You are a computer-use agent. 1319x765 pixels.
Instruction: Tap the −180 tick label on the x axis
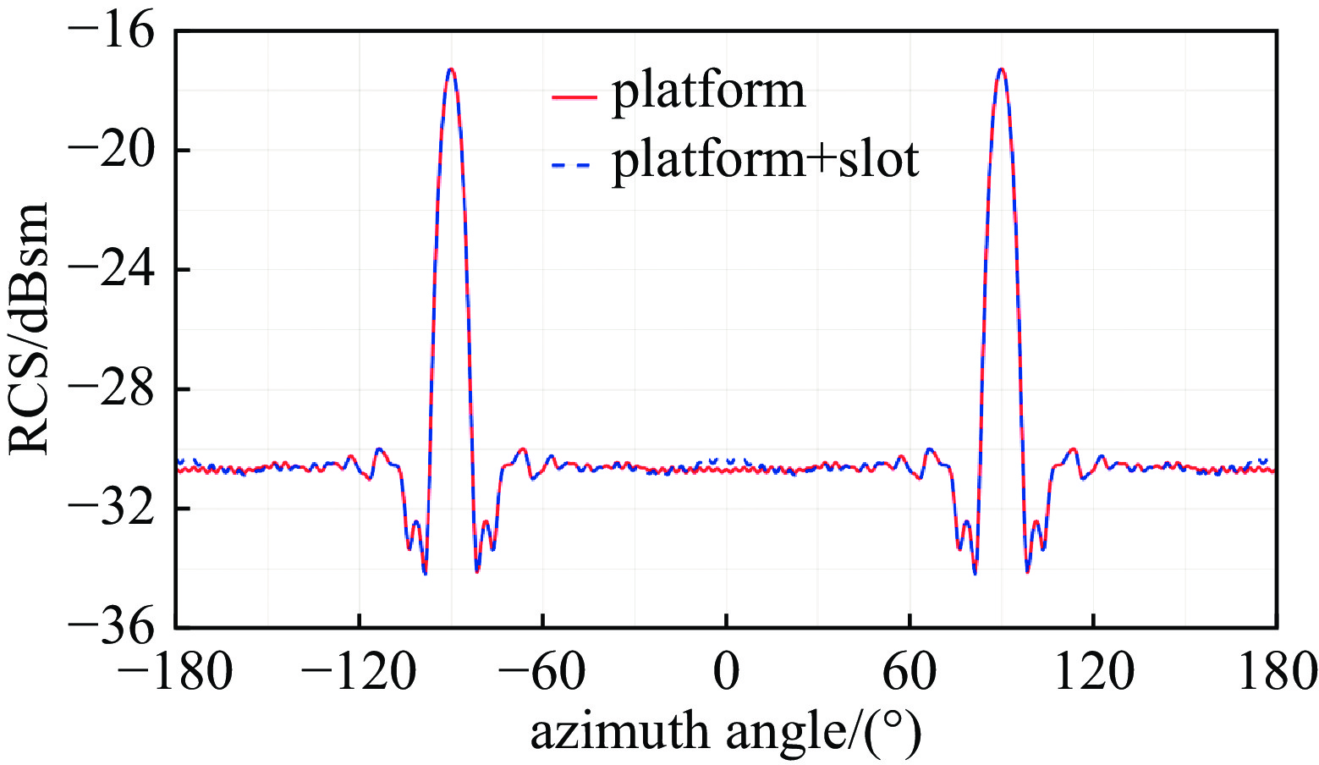(x=175, y=674)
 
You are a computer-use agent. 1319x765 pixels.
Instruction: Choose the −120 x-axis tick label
(x=359, y=674)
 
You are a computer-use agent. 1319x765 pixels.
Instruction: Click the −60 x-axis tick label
(x=542, y=674)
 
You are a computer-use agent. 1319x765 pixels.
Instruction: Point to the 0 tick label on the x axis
(x=726, y=674)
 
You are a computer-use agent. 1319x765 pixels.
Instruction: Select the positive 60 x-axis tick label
(x=910, y=674)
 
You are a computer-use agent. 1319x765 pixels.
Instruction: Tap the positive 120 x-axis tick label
(x=1093, y=674)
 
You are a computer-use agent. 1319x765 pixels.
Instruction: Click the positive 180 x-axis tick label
(x=1275, y=674)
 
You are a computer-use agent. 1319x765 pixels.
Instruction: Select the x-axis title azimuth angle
(x=725, y=732)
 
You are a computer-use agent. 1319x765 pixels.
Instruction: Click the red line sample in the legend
(x=574, y=99)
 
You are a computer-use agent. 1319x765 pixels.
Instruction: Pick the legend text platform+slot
(x=766, y=158)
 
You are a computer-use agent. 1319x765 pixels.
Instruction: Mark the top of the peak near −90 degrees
(x=451, y=69)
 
